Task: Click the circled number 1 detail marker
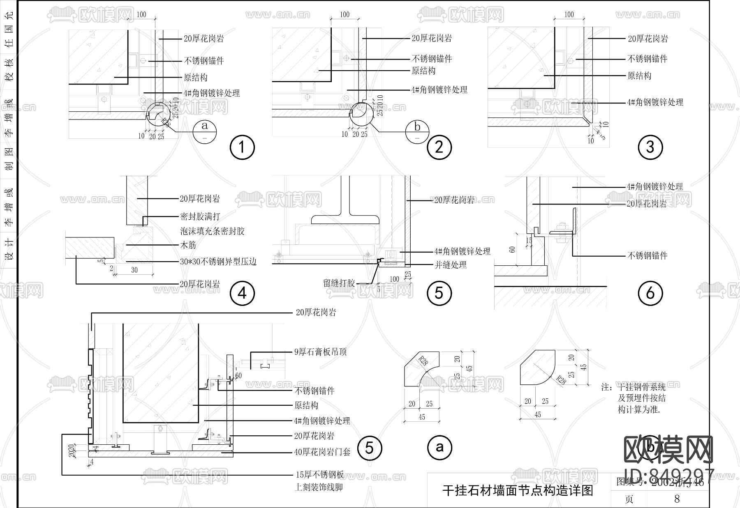[242, 147]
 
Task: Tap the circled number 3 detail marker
[650, 147]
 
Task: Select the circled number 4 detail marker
[242, 293]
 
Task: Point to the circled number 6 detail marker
[650, 293]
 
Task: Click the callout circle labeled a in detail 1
[205, 131]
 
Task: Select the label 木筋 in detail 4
[188, 245]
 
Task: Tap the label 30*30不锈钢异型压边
[218, 262]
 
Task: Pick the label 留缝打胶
[339, 283]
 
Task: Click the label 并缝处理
[451, 265]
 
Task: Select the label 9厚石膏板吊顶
[320, 352]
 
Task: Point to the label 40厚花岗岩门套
[322, 452]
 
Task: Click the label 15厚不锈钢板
[320, 475]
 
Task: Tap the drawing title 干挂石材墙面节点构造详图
[518, 490]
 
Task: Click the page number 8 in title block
[677, 499]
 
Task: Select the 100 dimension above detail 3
[569, 15]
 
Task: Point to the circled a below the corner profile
[440, 447]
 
